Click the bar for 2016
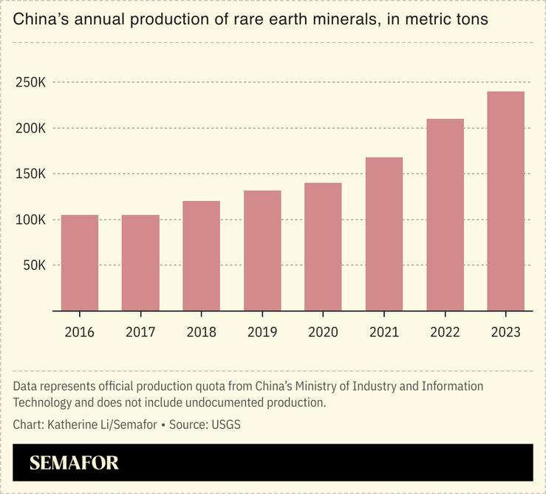(80, 263)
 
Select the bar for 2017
(140, 263)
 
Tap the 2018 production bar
(201, 256)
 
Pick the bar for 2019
(262, 251)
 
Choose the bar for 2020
(323, 247)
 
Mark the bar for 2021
(384, 234)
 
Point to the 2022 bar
(445, 214)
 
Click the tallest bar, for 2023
(505, 201)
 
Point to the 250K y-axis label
(30, 83)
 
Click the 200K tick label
(30, 129)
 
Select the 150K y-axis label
(30, 175)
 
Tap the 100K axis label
(30, 220)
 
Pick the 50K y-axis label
(33, 265)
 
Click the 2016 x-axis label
(80, 332)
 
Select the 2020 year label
(323, 332)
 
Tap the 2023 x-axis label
(505, 332)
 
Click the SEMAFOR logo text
(74, 464)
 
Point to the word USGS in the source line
(225, 424)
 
